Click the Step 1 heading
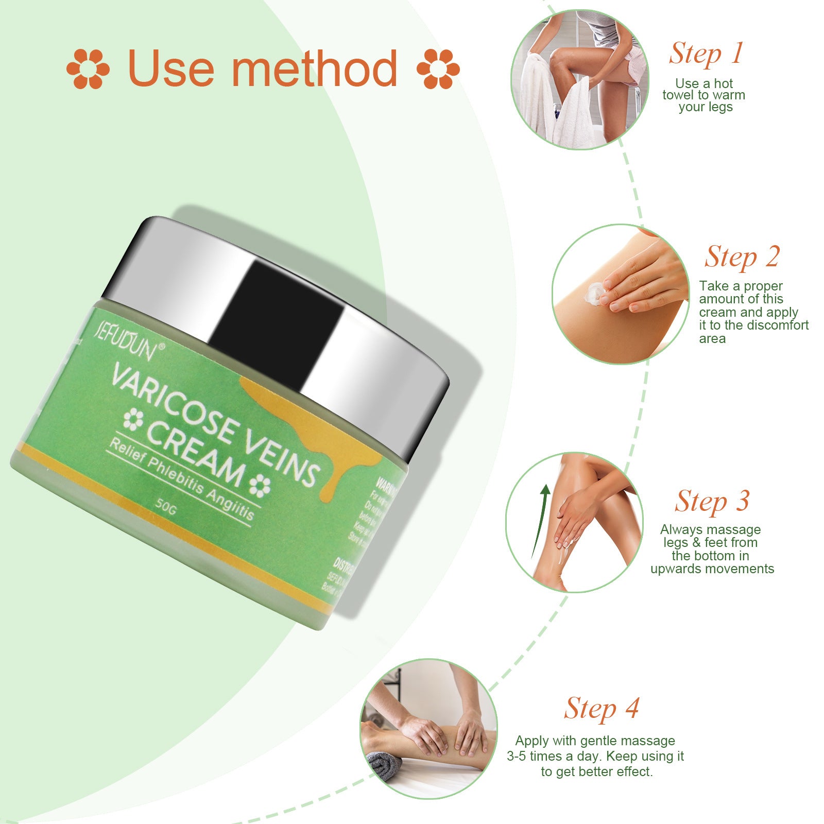coord(706,54)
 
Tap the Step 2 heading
coord(742,256)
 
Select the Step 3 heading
coord(712,501)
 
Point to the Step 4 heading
coord(601,709)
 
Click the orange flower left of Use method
coord(88,68)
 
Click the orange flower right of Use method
coord(438,68)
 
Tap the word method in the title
coord(314,68)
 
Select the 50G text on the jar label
coord(166,507)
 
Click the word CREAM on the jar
coord(196,453)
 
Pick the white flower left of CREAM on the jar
coord(133,420)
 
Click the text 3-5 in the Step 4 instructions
coord(517,756)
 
